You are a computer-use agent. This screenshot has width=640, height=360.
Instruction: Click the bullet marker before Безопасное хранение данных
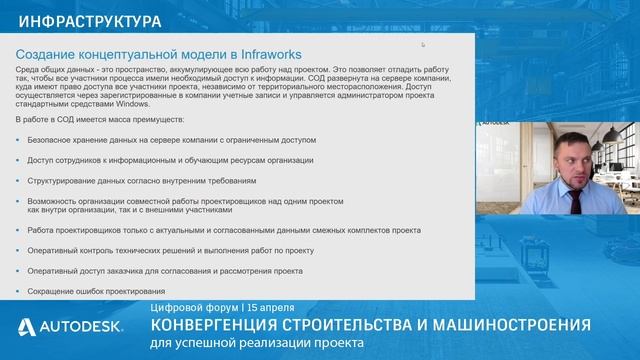[19, 140]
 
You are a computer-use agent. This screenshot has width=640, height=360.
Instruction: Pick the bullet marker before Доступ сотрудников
[19, 160]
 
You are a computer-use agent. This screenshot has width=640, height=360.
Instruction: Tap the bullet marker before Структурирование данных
[19, 181]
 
